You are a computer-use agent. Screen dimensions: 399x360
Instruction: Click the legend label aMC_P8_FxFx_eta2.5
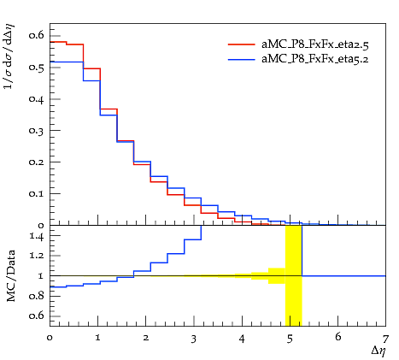[x=315, y=44]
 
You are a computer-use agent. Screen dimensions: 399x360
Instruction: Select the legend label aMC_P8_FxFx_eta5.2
[x=315, y=59]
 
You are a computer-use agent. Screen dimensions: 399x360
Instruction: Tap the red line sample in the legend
[x=242, y=44]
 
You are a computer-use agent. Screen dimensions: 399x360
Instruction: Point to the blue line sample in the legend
[x=242, y=60]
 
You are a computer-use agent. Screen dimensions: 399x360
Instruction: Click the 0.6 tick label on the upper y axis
[x=37, y=35]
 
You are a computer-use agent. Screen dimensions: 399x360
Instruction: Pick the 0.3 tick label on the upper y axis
[x=37, y=130]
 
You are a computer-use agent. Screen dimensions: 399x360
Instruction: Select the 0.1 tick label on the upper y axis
[x=37, y=193]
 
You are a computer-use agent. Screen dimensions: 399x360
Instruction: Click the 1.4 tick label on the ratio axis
[x=37, y=236]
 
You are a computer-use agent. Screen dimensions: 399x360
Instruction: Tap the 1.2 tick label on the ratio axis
[x=37, y=255]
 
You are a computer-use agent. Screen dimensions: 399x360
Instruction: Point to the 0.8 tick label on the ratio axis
[x=37, y=296]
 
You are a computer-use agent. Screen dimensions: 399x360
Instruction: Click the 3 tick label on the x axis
[x=194, y=339]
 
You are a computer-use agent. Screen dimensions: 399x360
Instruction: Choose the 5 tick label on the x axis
[x=290, y=339]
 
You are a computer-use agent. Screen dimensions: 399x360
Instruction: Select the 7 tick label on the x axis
[x=385, y=339]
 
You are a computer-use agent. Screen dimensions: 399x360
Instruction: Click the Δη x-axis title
[x=378, y=351]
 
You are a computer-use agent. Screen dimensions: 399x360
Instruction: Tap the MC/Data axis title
[x=11, y=276]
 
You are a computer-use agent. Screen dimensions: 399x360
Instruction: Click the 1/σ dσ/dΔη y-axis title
[x=9, y=56]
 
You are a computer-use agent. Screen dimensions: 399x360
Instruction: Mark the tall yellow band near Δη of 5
[x=294, y=275]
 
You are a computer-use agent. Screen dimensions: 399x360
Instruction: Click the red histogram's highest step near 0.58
[x=58, y=42]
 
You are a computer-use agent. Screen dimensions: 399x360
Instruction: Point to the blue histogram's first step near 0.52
[x=67, y=62]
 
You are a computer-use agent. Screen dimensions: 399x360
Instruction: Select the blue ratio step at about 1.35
[x=193, y=239]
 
